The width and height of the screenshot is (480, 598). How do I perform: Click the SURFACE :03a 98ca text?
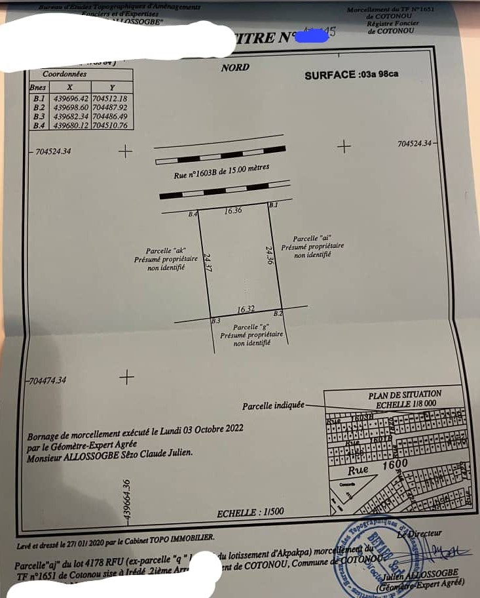[x=351, y=75]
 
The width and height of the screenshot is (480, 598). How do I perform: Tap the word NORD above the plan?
[x=235, y=68]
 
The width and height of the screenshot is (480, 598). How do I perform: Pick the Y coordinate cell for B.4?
[x=110, y=125]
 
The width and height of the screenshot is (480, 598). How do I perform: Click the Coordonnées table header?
[x=64, y=74]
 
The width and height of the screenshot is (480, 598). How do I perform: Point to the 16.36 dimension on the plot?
[x=233, y=211]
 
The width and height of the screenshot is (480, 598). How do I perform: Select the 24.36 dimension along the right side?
[x=268, y=255]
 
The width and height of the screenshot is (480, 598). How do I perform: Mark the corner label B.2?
[x=278, y=314]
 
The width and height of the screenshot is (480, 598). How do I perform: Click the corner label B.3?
[x=215, y=321]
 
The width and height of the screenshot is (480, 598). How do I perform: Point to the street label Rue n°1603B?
[x=221, y=173]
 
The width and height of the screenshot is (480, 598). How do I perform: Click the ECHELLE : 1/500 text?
[x=250, y=512]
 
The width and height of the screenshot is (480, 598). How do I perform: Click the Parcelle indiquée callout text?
[x=273, y=407]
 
